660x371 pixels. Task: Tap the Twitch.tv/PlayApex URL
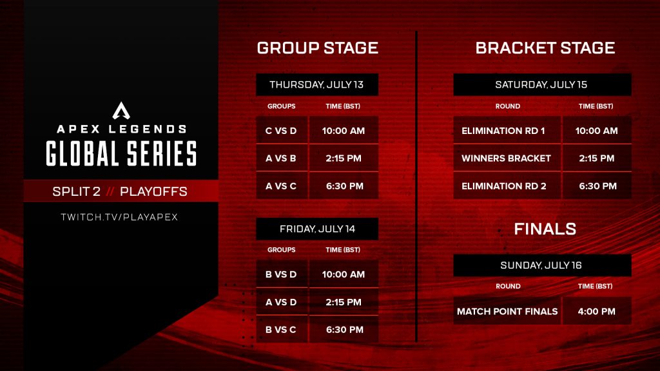119,217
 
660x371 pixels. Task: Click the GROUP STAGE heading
317,48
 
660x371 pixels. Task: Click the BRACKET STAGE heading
545,48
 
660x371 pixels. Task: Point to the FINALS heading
545,229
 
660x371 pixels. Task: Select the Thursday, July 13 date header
316,85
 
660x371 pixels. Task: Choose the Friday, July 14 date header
316,229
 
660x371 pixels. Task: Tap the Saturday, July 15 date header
541,85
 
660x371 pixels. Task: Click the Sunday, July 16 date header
541,265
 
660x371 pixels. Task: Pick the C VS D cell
281,131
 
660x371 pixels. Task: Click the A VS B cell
281,158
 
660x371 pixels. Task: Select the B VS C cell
281,329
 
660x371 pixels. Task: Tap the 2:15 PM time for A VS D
343,302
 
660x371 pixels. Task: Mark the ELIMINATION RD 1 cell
503,131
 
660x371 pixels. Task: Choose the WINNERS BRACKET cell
506,158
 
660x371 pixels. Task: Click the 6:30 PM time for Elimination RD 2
596,186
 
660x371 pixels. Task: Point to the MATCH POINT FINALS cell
507,311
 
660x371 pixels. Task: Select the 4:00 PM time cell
596,311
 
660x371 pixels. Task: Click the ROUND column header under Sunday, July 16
508,286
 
